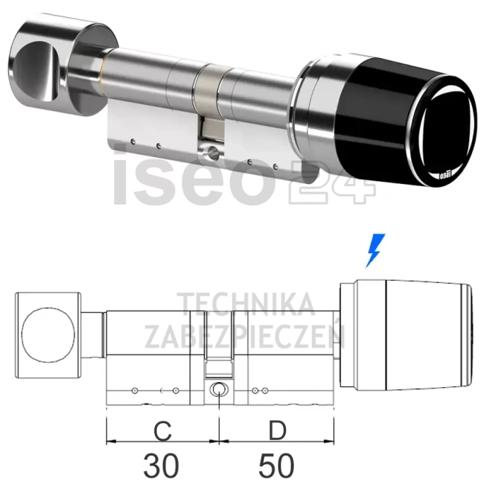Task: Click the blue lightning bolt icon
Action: coord(378,250)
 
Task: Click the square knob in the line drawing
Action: coord(46,328)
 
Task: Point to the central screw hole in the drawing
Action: coord(218,389)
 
